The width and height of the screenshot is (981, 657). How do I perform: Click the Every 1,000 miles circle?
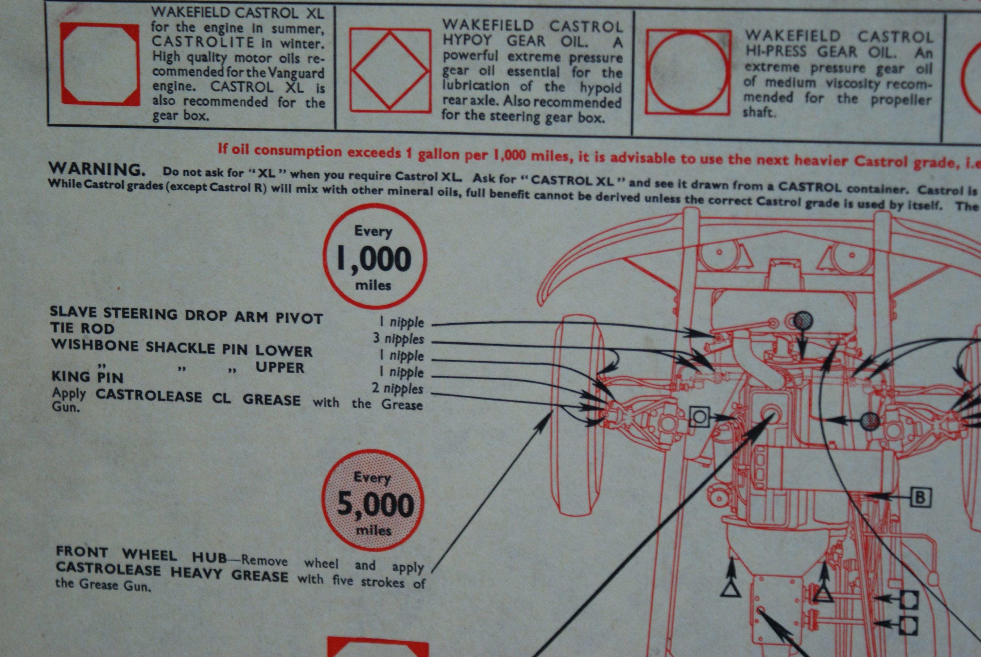pos(374,257)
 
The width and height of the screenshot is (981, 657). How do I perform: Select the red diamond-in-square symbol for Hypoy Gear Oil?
pos(390,70)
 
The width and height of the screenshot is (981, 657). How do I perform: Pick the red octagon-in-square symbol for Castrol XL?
pos(100,64)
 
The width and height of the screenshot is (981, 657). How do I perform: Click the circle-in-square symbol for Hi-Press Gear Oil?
pos(688,72)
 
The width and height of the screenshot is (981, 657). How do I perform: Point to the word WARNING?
pos(97,169)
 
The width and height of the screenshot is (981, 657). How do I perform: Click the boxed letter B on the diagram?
pos(920,497)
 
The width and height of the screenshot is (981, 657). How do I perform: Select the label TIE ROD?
pos(82,328)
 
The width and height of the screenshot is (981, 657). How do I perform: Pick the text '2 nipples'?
pos(397,388)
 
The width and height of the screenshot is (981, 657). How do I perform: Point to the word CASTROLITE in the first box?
pos(203,42)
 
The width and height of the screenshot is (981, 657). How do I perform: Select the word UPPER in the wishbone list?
pos(280,367)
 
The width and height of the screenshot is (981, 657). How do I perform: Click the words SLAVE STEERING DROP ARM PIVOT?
pos(186,315)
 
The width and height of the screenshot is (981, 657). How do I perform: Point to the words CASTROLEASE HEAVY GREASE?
pos(172,572)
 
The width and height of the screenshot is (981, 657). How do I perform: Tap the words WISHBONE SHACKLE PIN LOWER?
pos(182,348)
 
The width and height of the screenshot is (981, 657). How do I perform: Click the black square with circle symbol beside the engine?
pos(699,417)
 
